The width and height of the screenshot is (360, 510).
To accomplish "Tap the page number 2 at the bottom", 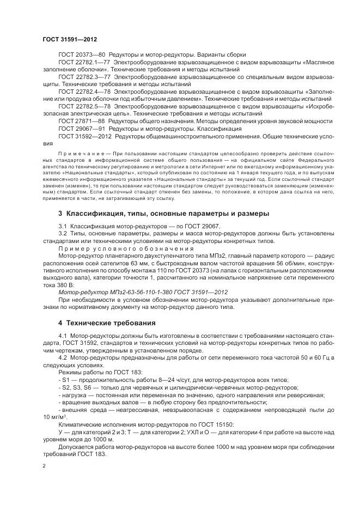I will click(44, 466).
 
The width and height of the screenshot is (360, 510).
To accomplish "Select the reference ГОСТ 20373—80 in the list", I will click(82, 55).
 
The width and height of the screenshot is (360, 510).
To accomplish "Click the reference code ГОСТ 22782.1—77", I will click(85, 63).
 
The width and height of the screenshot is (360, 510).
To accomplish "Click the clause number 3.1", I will click(62, 226).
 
